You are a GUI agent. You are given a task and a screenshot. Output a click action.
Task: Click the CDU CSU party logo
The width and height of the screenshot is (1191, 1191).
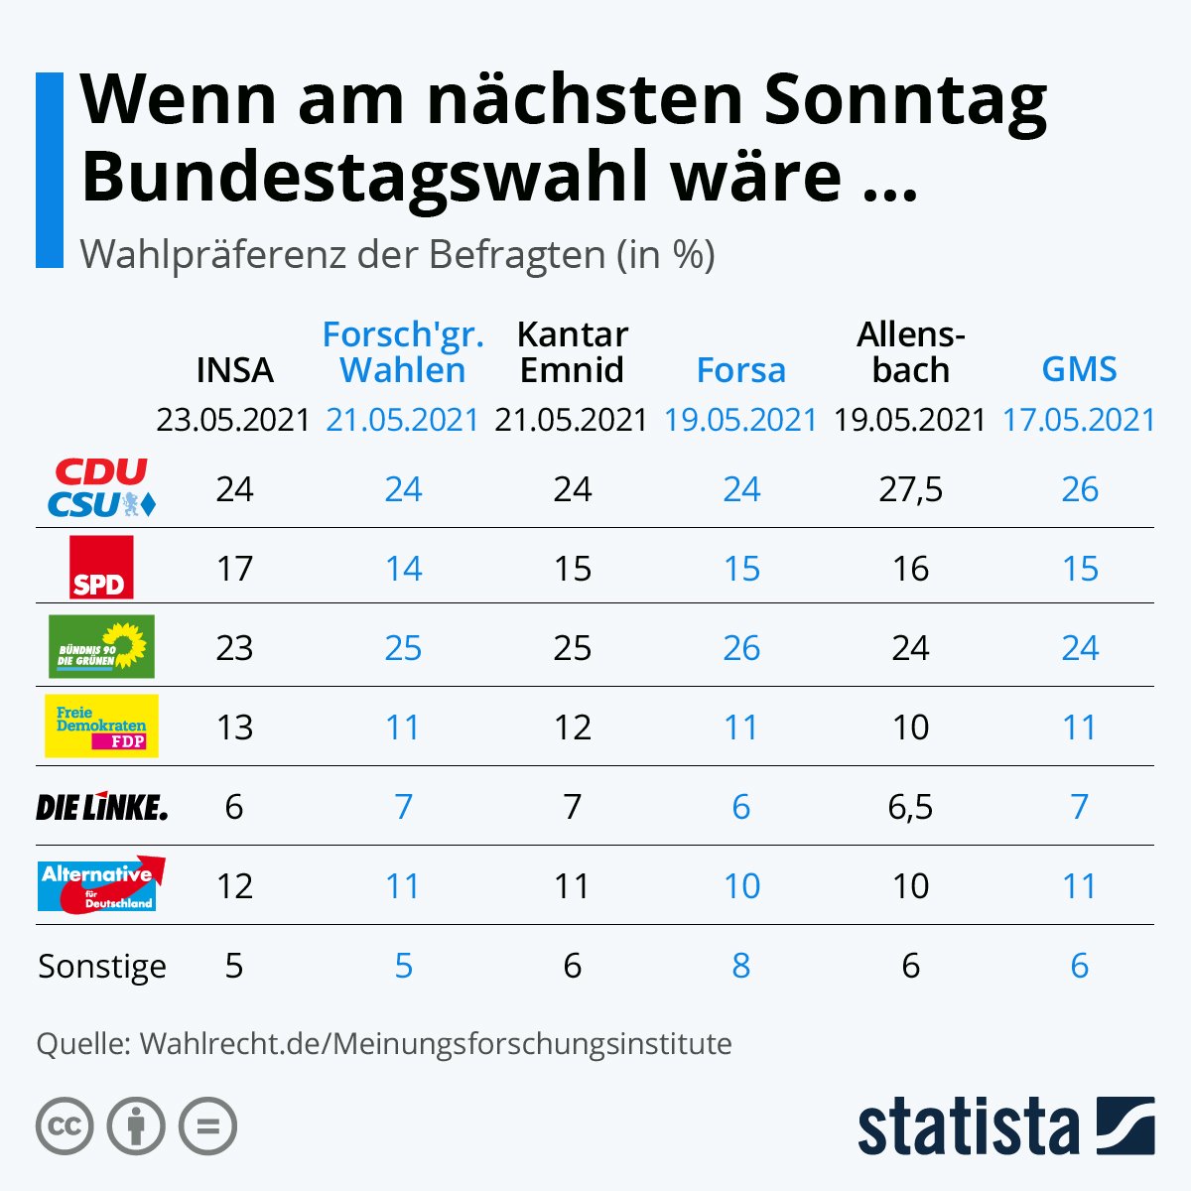(x=102, y=488)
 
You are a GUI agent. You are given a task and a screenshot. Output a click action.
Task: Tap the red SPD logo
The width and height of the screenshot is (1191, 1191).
(x=101, y=568)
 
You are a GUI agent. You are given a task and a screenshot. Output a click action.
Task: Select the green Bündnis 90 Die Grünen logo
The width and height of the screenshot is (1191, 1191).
(x=101, y=646)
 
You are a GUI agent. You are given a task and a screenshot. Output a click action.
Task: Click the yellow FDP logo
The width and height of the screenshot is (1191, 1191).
(x=101, y=726)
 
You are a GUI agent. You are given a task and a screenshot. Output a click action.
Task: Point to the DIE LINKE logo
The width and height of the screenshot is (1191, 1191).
(x=102, y=807)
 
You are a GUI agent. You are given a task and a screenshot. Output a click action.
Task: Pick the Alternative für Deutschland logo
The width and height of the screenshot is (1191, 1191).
(x=101, y=884)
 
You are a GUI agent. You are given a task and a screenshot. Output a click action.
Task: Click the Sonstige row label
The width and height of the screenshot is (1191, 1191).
(x=102, y=966)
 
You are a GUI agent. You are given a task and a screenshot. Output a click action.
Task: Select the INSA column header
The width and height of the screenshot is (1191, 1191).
(x=234, y=370)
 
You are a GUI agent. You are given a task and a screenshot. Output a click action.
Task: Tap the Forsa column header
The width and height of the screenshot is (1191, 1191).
(x=740, y=370)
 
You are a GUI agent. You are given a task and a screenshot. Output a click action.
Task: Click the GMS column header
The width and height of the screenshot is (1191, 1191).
(x=1079, y=370)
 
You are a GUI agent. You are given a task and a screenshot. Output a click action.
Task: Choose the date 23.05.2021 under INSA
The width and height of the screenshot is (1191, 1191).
(x=234, y=420)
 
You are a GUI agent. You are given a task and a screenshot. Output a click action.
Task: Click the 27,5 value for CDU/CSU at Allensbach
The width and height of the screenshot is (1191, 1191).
(x=910, y=489)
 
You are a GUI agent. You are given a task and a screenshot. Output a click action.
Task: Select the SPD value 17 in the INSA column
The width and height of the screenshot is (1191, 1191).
(x=234, y=569)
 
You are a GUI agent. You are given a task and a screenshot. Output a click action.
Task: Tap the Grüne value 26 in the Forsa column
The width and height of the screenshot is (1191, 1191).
(x=740, y=648)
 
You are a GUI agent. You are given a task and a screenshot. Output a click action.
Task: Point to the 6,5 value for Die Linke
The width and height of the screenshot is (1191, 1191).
(x=910, y=807)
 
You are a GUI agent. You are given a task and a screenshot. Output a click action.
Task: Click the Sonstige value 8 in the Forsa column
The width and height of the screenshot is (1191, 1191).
(x=740, y=966)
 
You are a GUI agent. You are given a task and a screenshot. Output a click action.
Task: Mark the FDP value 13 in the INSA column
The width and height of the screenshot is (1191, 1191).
(x=234, y=728)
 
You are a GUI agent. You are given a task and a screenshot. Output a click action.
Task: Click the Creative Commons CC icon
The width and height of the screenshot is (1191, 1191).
(x=65, y=1126)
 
